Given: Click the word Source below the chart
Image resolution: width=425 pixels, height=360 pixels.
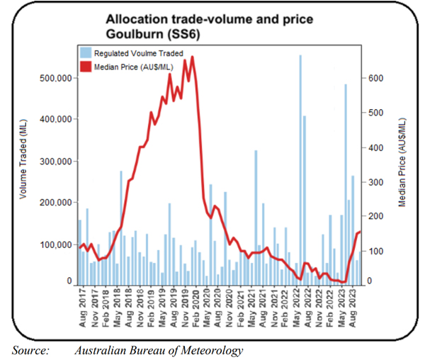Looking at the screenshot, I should [x=30, y=350].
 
